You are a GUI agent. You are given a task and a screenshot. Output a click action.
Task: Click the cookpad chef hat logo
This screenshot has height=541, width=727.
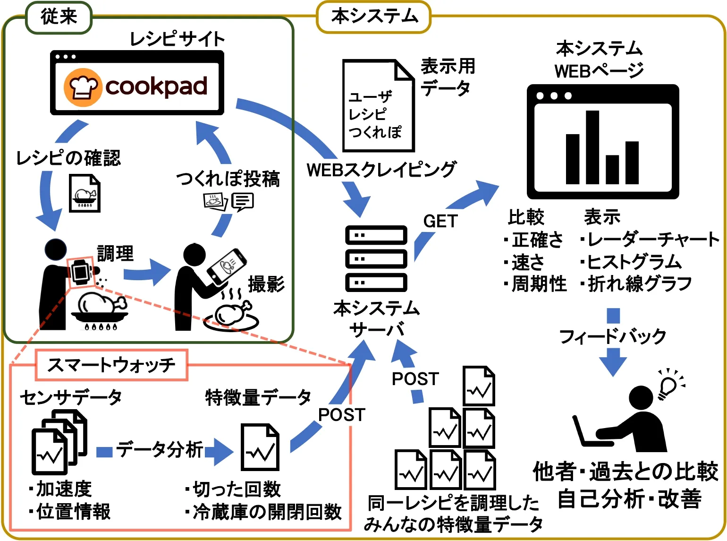pyautogui.click(x=83, y=87)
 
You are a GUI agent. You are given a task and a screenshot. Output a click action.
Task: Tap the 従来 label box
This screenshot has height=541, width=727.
pyautogui.click(x=59, y=17)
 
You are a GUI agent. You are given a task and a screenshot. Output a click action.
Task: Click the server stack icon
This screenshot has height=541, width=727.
pyautogui.click(x=376, y=259)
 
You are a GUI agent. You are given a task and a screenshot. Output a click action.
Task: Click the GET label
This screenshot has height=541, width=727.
pyautogui.click(x=440, y=221)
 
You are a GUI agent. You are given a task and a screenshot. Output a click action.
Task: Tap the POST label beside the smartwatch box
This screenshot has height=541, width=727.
pyautogui.click(x=342, y=415)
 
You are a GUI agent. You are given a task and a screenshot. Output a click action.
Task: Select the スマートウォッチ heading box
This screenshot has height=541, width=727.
pyautogui.click(x=111, y=365)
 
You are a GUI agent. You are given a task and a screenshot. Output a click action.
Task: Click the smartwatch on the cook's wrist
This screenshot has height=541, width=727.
pyautogui.click(x=81, y=272)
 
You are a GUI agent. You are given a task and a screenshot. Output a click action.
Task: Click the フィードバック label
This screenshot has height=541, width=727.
pyautogui.click(x=612, y=336)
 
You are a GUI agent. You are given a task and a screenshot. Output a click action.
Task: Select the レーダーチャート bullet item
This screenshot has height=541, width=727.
pyautogui.click(x=651, y=240)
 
